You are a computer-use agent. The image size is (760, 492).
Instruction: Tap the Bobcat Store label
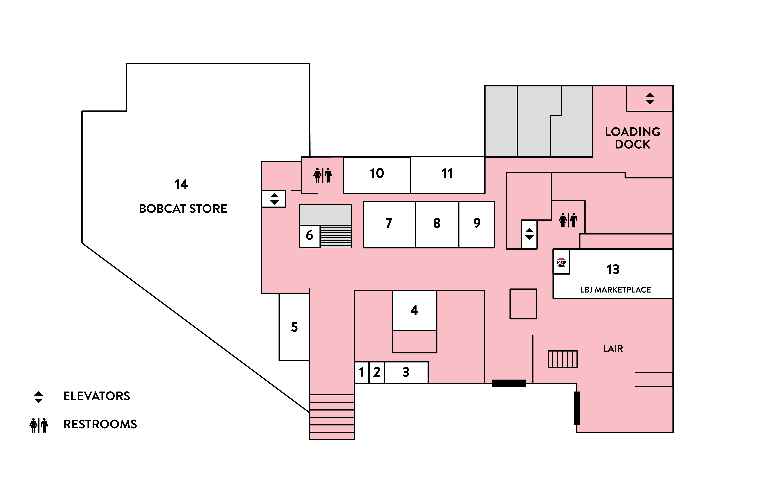click(x=183, y=209)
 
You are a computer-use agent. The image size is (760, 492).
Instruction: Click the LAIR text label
click(x=613, y=349)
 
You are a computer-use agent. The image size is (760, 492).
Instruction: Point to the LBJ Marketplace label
click(x=615, y=290)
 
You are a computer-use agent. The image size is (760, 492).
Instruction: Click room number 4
click(x=414, y=310)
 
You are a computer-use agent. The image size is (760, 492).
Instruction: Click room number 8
click(x=436, y=223)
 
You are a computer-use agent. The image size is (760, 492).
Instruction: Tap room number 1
click(x=362, y=372)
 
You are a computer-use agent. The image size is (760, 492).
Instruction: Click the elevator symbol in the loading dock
click(x=650, y=98)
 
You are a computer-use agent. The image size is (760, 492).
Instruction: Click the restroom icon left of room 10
click(x=322, y=175)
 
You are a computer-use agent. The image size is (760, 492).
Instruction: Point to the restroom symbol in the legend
click(x=39, y=425)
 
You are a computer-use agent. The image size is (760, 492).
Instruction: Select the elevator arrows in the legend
click(x=39, y=397)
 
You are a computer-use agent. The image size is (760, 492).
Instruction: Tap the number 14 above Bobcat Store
click(x=181, y=184)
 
